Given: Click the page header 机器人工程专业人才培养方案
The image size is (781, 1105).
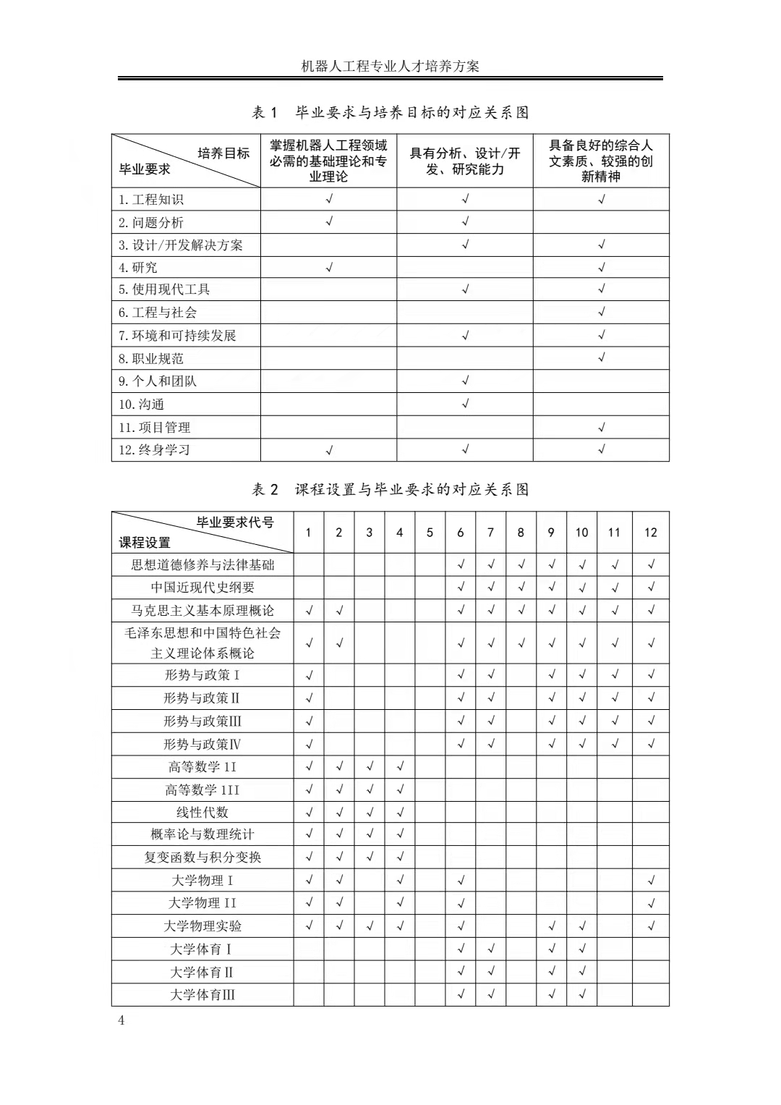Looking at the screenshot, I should pos(390,67).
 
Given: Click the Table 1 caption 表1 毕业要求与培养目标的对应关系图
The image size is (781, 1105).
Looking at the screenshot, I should pos(390,113).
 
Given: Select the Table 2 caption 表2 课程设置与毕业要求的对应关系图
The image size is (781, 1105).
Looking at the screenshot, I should pos(390,490).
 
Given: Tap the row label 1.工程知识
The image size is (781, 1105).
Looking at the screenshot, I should pos(151,200).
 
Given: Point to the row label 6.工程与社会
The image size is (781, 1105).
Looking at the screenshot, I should pos(158,313).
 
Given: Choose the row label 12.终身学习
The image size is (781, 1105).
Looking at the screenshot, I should pos(155,450).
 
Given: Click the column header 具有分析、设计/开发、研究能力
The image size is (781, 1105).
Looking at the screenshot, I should pos(465,161).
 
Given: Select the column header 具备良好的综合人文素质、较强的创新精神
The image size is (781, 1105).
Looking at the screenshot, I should pos(601,161).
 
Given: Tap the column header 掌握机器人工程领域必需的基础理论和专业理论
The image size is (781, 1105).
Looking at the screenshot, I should pos(328,161).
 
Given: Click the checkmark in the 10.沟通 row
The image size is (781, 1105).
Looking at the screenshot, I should pos(465,404).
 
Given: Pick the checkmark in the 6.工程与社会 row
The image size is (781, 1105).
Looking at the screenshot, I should pos(601,313).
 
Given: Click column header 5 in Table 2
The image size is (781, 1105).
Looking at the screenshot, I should pos(430,533).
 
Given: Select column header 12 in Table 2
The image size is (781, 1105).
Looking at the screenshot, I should pos(650,533).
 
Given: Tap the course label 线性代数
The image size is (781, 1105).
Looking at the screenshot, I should pos(202,813).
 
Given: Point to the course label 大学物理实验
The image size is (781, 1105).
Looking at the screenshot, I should pos(202,926).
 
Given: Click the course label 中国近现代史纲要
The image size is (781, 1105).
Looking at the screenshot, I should pos(202,588).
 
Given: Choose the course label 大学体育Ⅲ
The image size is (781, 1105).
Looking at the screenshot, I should pos(202,995).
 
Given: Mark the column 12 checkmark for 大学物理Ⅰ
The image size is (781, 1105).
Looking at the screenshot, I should pos(651,881).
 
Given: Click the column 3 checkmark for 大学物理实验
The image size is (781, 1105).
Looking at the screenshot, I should pos(370,926).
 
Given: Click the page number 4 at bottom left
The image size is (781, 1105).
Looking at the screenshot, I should pos(121,1021).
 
